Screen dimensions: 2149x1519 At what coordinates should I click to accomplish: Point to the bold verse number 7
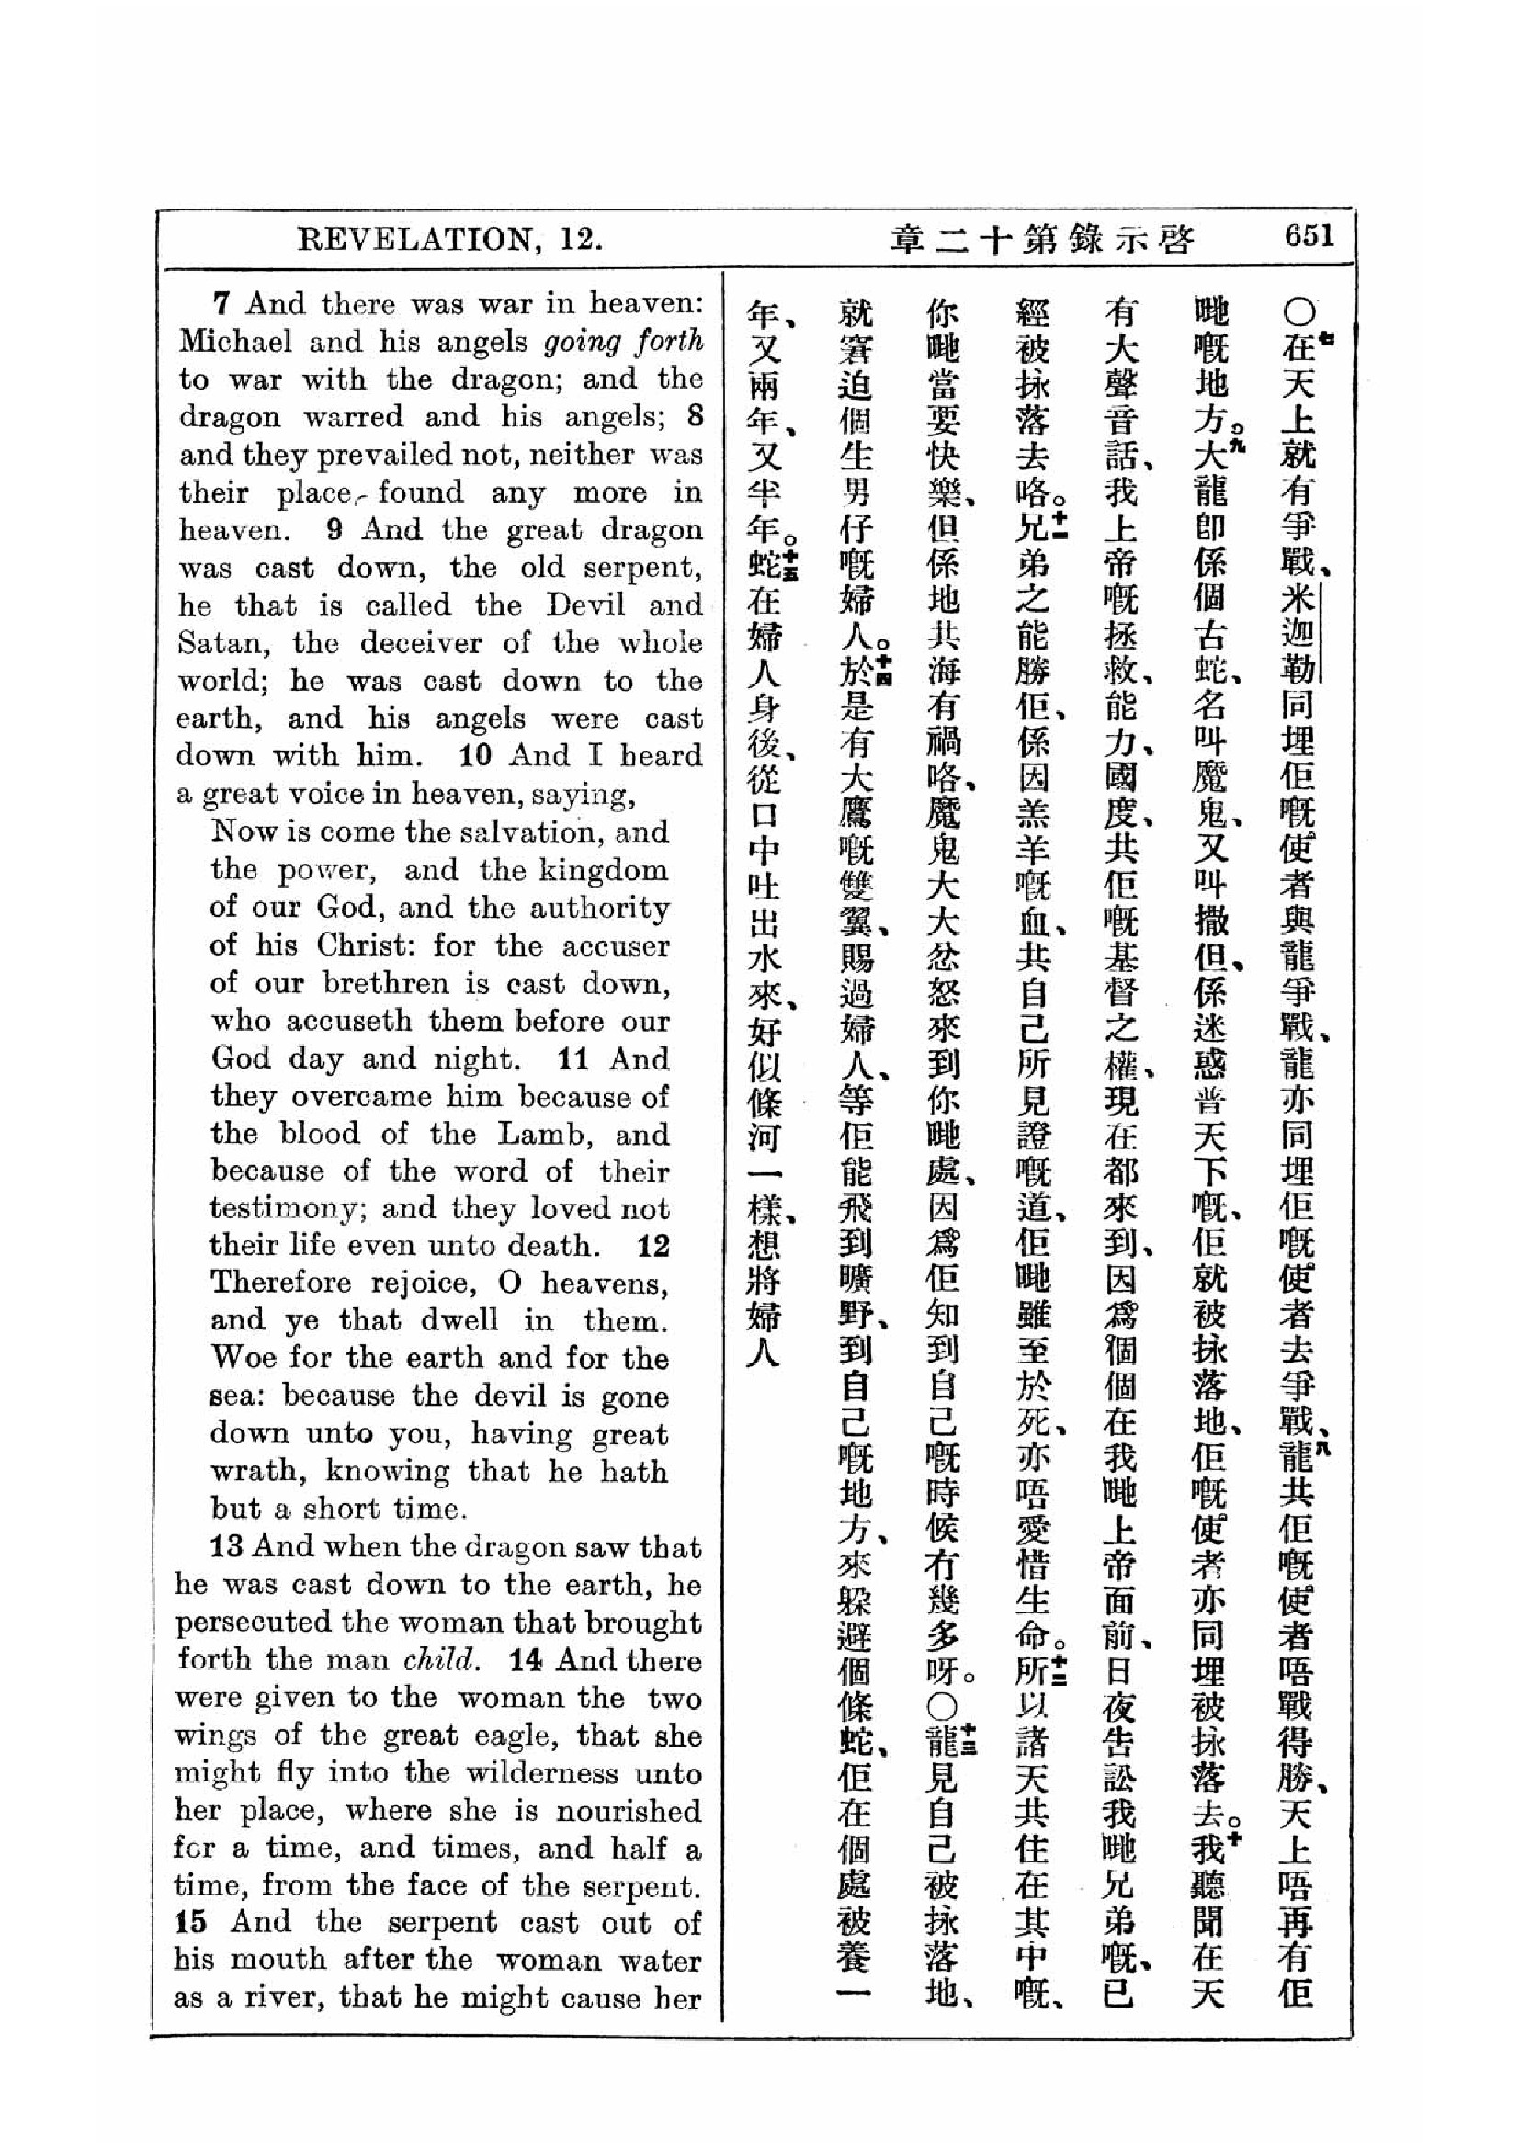click(221, 303)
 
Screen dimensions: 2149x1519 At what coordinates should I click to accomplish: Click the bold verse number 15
click(190, 1922)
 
